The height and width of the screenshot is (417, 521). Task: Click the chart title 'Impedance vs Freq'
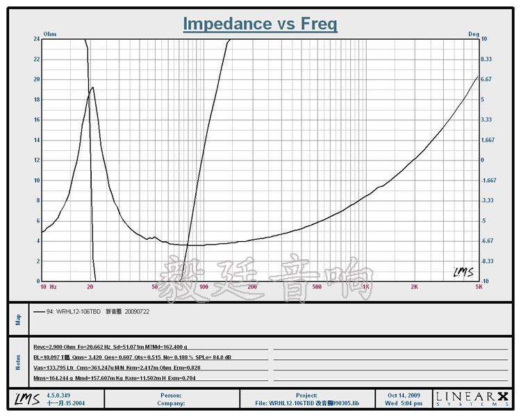(x=260, y=24)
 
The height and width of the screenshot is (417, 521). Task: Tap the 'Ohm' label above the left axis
(x=50, y=33)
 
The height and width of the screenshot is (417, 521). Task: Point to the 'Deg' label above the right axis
(x=474, y=33)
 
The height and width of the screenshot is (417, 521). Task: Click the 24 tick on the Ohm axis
(x=36, y=39)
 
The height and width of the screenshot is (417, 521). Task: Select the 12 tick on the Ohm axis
(x=36, y=161)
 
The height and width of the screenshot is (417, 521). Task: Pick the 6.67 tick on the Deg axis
(x=486, y=79)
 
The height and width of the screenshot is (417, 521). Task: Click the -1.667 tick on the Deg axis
(x=488, y=180)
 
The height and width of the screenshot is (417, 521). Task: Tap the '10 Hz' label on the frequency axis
(x=49, y=286)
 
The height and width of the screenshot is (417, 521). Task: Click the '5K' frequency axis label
(x=478, y=286)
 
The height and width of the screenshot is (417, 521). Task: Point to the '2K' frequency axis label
(x=414, y=286)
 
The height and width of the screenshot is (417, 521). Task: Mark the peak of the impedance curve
(x=92, y=88)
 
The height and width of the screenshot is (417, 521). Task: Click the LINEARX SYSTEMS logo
(x=471, y=398)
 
